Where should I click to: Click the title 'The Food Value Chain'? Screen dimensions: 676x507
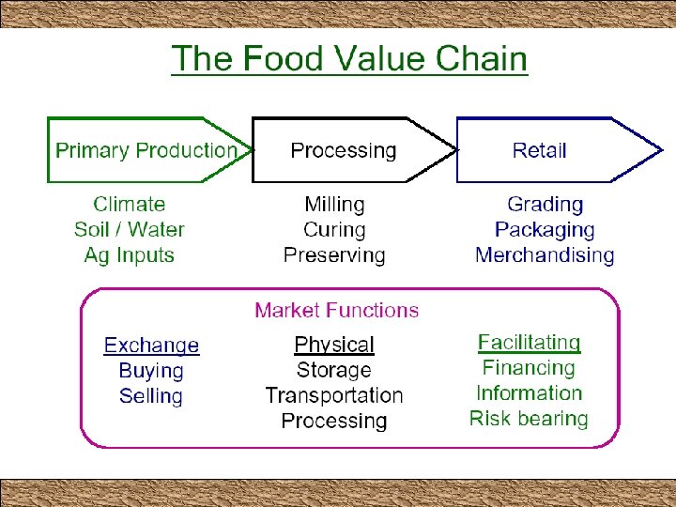point(349,58)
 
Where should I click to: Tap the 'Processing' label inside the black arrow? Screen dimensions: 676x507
point(344,150)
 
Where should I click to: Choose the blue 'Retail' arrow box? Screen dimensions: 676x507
point(540,150)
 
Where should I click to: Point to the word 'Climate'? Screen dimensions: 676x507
point(130,204)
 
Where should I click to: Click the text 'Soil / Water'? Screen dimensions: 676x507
point(130,229)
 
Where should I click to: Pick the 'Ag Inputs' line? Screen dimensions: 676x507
point(130,254)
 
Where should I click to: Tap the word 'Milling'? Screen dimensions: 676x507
point(334,204)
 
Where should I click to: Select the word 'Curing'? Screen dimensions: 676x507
point(334,229)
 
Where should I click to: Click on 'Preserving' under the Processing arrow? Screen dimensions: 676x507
point(334,254)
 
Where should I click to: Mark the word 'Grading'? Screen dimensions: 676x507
point(545,204)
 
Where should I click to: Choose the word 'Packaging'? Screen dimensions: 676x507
point(545,229)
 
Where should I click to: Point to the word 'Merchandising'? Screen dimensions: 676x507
point(545,254)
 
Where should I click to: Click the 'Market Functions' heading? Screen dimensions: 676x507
point(337,310)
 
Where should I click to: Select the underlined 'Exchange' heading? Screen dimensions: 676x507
point(151,346)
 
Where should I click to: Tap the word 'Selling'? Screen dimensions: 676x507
point(151,395)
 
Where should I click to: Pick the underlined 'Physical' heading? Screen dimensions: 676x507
point(334,345)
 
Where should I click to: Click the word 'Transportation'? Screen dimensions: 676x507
point(334,395)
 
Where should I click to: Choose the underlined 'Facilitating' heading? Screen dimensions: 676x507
point(530,343)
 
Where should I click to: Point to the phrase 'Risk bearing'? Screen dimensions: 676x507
point(530,419)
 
